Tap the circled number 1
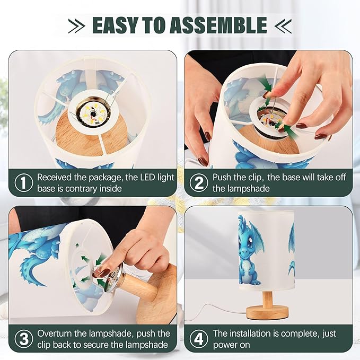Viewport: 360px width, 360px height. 24,183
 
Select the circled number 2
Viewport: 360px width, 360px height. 199,183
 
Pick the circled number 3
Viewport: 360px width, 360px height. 24,339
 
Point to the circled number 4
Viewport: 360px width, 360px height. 199,339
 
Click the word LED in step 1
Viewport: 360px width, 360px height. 147,177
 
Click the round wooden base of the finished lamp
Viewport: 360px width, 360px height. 267,313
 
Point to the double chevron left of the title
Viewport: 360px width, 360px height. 76,25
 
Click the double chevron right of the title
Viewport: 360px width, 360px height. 283,25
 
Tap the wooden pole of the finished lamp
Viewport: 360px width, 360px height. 267,299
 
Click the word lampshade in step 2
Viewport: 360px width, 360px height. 241,189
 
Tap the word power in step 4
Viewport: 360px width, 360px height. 231,345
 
